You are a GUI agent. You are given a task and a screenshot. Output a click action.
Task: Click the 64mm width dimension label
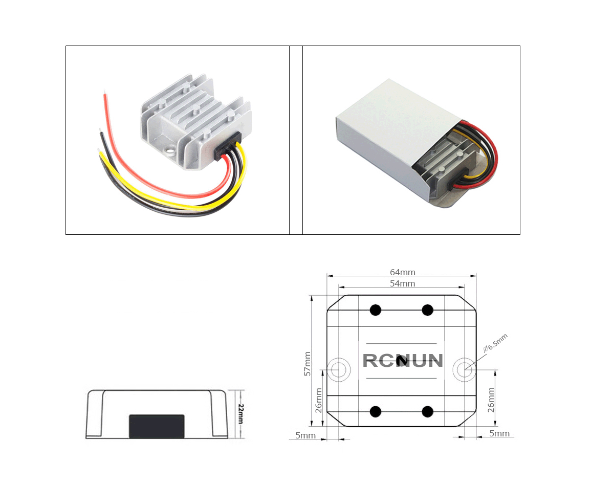(x=403, y=272)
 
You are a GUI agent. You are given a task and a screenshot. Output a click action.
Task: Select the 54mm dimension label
(x=403, y=283)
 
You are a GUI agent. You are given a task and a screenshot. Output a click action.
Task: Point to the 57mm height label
(x=308, y=364)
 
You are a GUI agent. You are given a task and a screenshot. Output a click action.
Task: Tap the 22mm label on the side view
(x=241, y=414)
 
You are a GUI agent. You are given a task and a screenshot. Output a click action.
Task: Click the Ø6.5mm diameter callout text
(x=496, y=343)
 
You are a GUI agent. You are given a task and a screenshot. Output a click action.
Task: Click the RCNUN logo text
(x=403, y=361)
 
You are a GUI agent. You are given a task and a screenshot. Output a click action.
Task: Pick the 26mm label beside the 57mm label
(x=319, y=400)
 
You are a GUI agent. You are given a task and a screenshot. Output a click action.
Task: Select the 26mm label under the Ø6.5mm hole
(x=491, y=400)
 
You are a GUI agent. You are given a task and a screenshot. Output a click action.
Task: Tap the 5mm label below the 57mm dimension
(x=305, y=436)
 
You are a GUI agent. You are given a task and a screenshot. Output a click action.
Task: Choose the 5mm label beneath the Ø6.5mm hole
(x=499, y=433)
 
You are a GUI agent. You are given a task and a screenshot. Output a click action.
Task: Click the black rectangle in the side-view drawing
(x=157, y=426)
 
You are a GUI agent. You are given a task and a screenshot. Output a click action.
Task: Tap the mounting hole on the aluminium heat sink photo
(x=170, y=152)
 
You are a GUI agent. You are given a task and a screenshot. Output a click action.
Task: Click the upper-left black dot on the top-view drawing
(x=376, y=310)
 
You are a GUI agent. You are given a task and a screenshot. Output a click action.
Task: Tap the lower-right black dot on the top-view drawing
(x=427, y=411)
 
